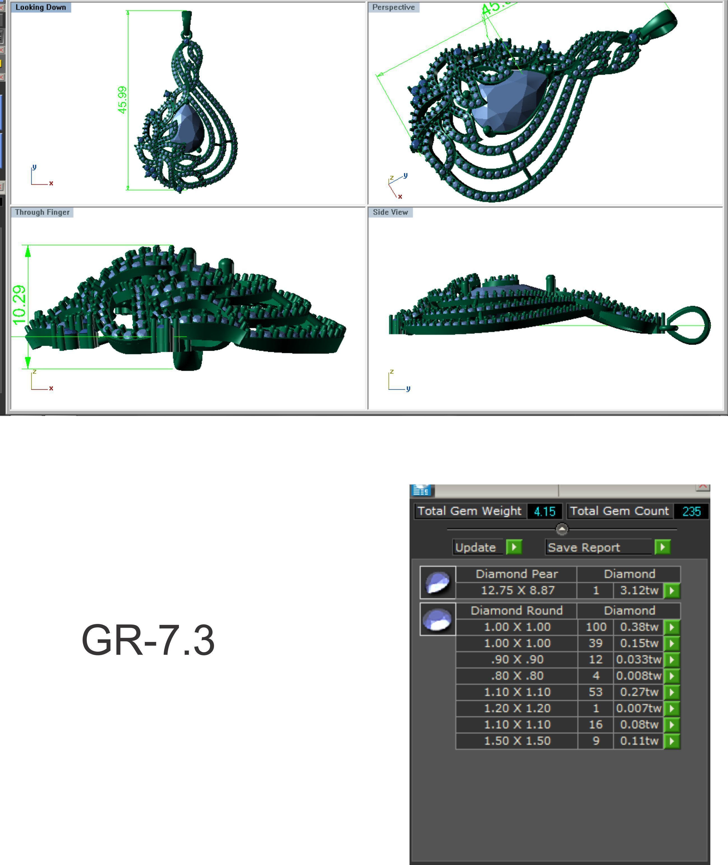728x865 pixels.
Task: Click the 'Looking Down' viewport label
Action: tap(40, 8)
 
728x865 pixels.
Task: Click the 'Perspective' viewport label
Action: tap(393, 8)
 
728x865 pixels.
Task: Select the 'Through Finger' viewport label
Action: tap(42, 212)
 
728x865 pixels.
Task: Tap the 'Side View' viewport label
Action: tap(390, 212)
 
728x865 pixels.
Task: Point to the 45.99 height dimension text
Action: tap(122, 100)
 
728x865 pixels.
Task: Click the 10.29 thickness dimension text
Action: tap(19, 305)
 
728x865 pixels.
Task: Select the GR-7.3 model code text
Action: tap(148, 640)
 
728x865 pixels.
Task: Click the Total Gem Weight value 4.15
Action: tap(544, 511)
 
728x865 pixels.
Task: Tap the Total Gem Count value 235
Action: tap(691, 511)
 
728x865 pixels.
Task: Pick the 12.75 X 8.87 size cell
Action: tap(517, 590)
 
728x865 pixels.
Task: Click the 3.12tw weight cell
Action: tap(638, 590)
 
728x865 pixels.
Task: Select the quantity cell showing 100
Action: tap(596, 627)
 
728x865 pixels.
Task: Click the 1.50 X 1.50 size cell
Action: tap(517, 741)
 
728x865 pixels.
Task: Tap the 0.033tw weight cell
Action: tap(638, 660)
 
